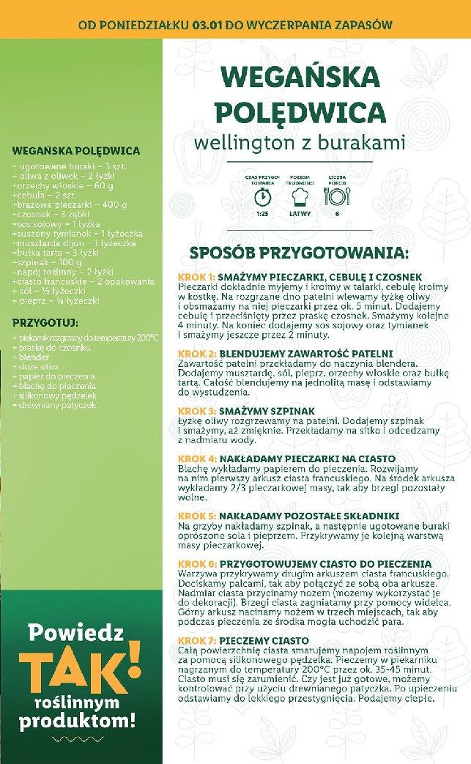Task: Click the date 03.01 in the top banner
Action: pyautogui.click(x=207, y=23)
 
